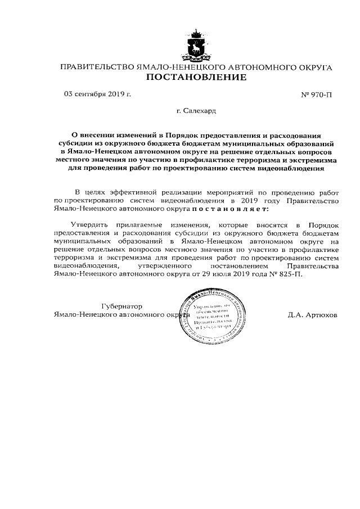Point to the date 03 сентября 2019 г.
[97, 94]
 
